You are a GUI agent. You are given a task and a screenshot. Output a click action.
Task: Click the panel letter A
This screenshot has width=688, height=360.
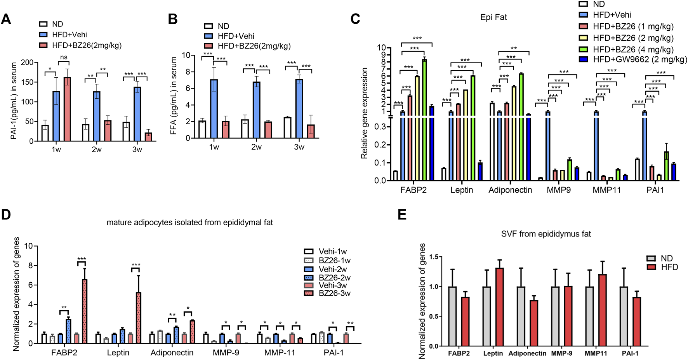pos(6,19)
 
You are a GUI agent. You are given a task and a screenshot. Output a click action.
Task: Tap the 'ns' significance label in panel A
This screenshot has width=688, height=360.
pos(64,57)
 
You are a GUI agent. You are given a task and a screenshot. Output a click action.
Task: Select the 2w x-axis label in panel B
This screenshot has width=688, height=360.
pos(256,147)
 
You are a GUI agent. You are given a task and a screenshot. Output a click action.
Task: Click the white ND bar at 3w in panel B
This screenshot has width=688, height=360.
pos(287,127)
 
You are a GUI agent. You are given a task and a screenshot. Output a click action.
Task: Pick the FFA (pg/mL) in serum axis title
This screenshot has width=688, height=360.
pos(174,96)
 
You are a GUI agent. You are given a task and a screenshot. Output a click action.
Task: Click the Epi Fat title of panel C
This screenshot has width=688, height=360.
pos(493,17)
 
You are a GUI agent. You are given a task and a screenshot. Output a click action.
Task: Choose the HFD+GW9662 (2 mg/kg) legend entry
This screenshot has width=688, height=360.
pos(639,59)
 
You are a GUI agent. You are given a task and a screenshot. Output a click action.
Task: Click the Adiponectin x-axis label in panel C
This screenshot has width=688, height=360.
pos(510,190)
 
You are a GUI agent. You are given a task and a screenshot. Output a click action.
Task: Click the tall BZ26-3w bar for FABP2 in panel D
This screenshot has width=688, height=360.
pos(84,311)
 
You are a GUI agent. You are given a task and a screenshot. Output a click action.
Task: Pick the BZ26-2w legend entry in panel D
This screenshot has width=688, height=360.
pos(334,278)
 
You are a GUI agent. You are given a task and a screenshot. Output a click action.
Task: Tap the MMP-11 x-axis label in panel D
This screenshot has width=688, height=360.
pos(280,353)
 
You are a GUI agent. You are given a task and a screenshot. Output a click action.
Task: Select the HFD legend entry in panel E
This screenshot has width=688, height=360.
pos(669,267)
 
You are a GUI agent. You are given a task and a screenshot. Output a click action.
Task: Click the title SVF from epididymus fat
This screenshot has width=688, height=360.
pos(546,234)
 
